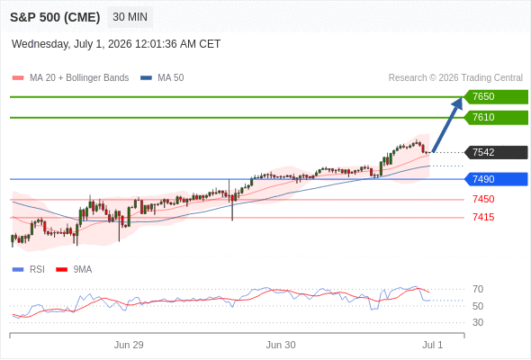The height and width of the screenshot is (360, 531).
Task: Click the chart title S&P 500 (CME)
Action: [x=55, y=17]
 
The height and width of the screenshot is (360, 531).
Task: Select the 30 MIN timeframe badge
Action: [x=130, y=17]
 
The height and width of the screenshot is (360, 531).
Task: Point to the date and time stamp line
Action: [x=116, y=44]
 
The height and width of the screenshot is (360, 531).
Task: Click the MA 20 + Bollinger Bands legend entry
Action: [x=70, y=78]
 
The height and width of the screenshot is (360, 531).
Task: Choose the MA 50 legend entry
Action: [x=162, y=78]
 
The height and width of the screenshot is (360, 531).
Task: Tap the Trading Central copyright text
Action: [x=455, y=78]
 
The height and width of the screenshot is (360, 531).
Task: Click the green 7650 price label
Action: [x=496, y=97]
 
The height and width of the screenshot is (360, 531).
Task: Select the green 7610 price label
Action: [x=496, y=118]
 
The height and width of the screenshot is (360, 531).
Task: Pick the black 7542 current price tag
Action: [x=496, y=152]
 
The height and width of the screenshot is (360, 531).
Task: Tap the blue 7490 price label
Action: [x=496, y=179]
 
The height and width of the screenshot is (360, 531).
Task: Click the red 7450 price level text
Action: [x=483, y=199]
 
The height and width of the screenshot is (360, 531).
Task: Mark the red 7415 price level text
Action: [x=483, y=217]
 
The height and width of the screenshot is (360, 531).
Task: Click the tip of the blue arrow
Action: [x=462, y=98]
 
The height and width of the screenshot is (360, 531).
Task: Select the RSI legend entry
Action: [x=29, y=270]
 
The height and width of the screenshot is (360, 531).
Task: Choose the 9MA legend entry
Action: [x=74, y=270]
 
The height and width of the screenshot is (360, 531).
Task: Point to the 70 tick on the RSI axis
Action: [x=478, y=289]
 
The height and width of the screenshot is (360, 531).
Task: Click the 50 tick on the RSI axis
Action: [x=478, y=306]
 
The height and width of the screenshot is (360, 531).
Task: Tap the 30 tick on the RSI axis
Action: [x=478, y=322]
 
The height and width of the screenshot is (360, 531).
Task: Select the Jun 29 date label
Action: [x=129, y=345]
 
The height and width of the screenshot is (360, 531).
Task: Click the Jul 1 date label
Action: [x=433, y=345]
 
